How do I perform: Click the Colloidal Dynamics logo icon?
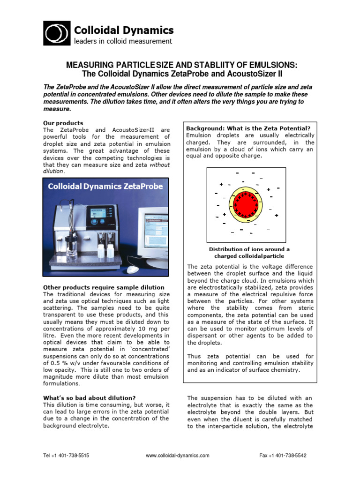click(x=57, y=33)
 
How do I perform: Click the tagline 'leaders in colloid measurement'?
click(x=123, y=41)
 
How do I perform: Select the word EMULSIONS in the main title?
click(x=267, y=65)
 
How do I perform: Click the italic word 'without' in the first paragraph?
click(x=160, y=165)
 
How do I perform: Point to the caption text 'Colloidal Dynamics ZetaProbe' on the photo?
click(x=105, y=186)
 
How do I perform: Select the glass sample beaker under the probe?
click(x=72, y=248)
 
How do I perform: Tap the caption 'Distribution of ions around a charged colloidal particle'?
click(x=249, y=253)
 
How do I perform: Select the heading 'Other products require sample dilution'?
click(x=104, y=287)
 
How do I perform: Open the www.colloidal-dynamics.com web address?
click(x=178, y=455)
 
